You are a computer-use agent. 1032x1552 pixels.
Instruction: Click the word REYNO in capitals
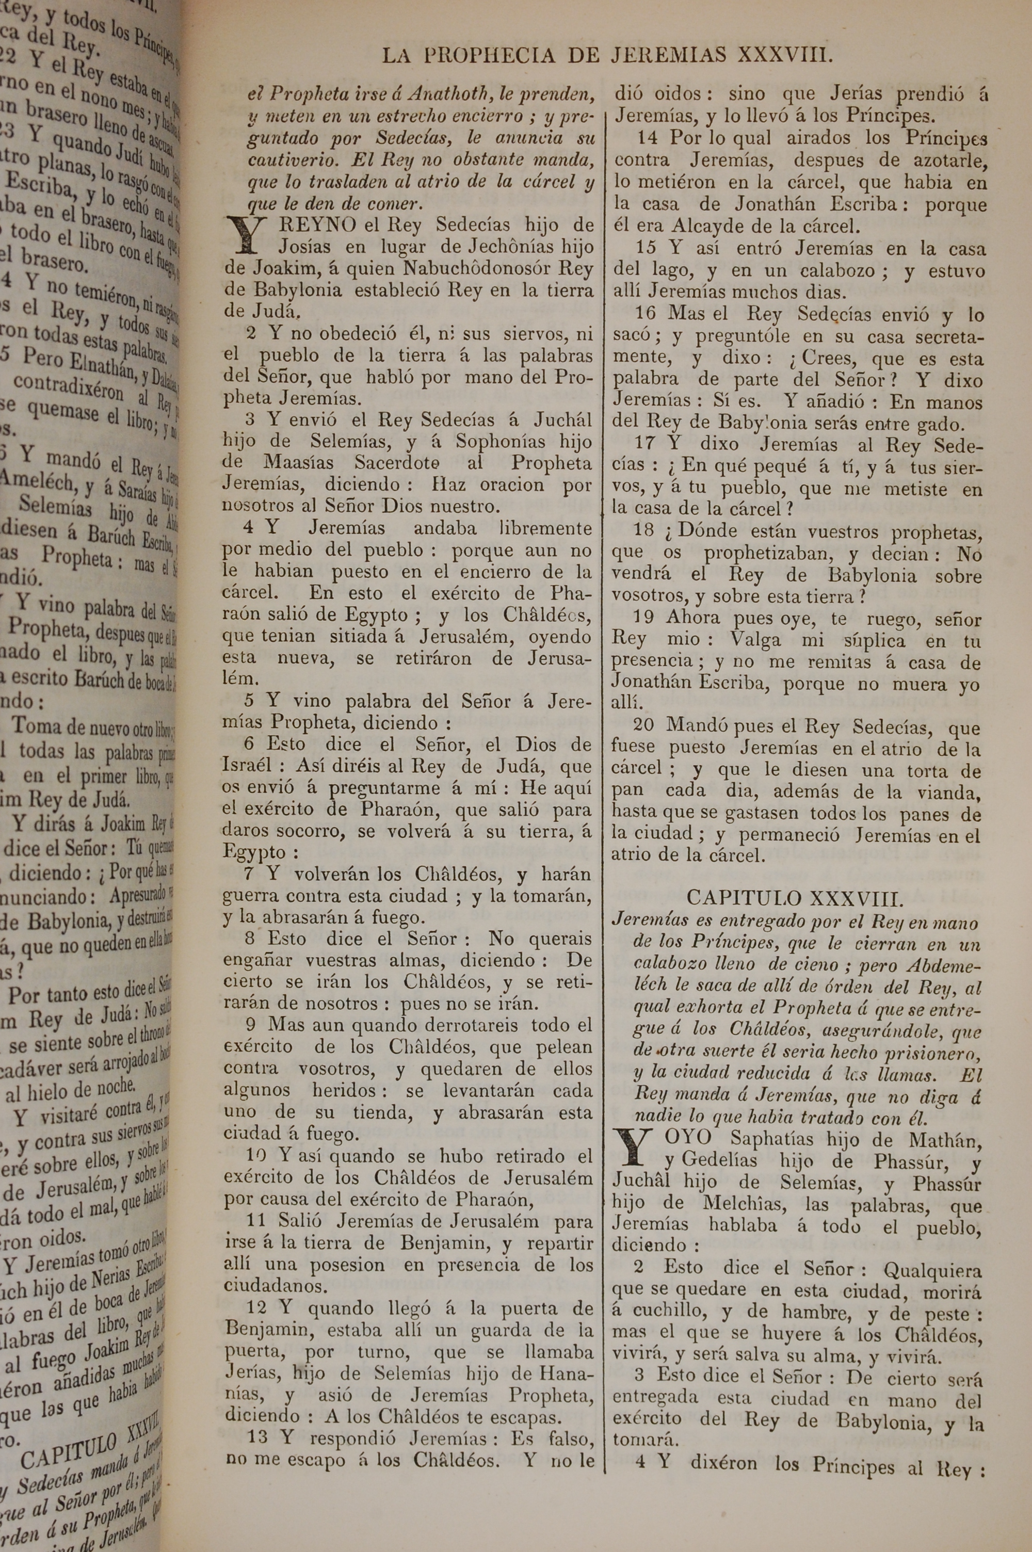pyautogui.click(x=317, y=225)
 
